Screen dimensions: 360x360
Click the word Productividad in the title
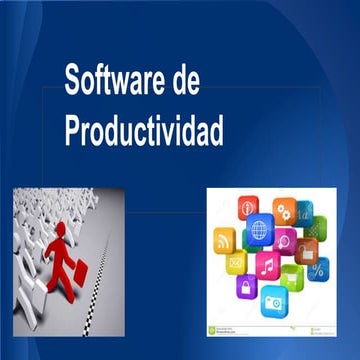click(144, 131)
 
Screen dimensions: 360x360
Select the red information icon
click(248, 207)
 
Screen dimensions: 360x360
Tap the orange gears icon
click(284, 211)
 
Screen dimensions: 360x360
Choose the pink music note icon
click(267, 266)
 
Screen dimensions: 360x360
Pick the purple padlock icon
click(246, 287)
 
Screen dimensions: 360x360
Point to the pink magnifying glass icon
click(285, 240)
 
